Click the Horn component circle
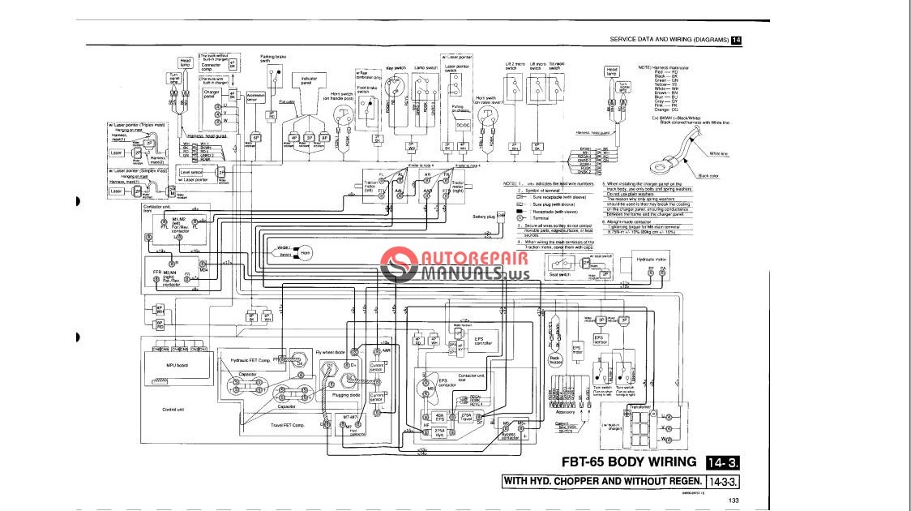tap(306, 253)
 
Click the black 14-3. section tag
tap(724, 462)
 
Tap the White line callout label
tap(718, 153)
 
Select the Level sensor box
tap(191, 172)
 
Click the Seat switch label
tap(560, 274)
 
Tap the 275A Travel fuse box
tap(466, 416)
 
